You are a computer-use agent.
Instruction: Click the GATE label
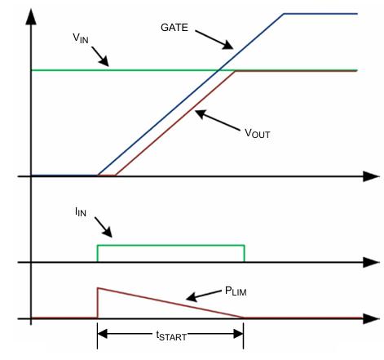[x=174, y=28]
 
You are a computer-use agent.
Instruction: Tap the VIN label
[x=81, y=38]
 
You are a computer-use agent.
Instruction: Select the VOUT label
[x=257, y=133]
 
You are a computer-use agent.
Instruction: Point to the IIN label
[x=81, y=211]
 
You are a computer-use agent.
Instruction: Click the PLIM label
[x=236, y=291]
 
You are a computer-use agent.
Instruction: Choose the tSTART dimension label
[x=171, y=336]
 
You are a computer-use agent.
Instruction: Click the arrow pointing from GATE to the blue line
[x=214, y=40]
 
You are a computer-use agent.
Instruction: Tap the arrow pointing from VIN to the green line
[x=100, y=56]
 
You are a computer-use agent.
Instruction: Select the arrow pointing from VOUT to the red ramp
[x=218, y=120]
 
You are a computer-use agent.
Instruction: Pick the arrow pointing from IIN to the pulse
[x=104, y=227]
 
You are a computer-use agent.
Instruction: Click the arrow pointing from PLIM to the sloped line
[x=204, y=296]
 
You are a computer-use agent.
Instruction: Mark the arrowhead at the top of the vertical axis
[x=31, y=17]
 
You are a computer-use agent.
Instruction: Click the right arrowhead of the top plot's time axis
[x=371, y=176]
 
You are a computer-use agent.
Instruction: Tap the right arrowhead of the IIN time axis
[x=371, y=263]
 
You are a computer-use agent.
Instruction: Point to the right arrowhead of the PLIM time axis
[x=371, y=318]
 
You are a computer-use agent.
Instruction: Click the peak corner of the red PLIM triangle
[x=98, y=288]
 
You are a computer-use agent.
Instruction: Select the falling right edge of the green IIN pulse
[x=245, y=254]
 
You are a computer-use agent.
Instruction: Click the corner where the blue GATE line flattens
[x=284, y=14]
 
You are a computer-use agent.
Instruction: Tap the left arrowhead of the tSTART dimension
[x=102, y=334]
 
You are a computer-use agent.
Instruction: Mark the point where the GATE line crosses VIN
[x=218, y=70]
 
